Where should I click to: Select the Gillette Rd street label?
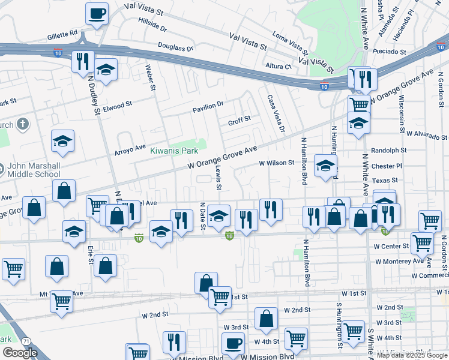(63, 34)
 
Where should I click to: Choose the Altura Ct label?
(279, 67)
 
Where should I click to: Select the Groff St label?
(239, 121)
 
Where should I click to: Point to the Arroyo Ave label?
(130, 148)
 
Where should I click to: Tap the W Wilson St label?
(276, 163)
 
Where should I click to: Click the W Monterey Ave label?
(399, 262)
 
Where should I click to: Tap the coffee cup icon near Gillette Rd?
(97, 13)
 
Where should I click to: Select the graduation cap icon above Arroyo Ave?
(62, 142)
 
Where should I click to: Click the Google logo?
(20, 353)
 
